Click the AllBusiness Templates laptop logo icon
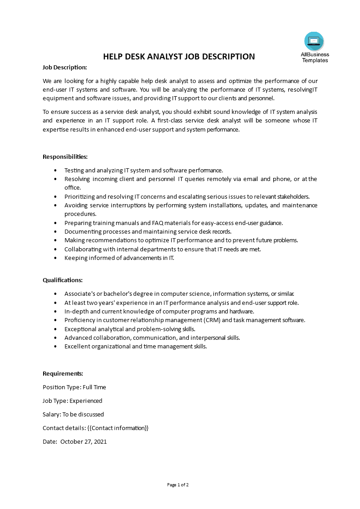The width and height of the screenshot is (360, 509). (x=314, y=41)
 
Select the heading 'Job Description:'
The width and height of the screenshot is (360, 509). (x=64, y=67)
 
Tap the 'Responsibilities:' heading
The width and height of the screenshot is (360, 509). (x=65, y=157)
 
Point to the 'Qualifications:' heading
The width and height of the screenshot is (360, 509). (x=63, y=280)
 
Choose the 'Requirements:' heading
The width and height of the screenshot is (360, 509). (x=63, y=373)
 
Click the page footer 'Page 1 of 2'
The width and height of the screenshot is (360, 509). (x=178, y=485)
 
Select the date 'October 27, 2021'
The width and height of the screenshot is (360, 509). (x=84, y=441)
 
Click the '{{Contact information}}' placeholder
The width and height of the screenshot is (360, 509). (x=118, y=428)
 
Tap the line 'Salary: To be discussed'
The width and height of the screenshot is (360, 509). (x=73, y=414)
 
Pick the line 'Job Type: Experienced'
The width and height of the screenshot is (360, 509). (x=72, y=401)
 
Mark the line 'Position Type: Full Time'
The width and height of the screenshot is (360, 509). (x=74, y=387)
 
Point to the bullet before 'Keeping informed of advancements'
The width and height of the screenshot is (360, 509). (x=55, y=258)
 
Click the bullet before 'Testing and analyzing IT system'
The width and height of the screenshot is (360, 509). (x=55, y=170)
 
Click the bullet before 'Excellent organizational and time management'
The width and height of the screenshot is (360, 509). (x=55, y=346)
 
